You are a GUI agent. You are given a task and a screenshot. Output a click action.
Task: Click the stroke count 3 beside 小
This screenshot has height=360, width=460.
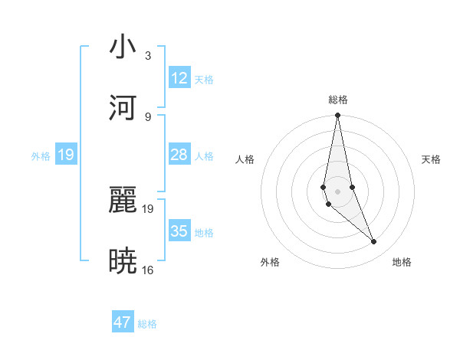[148, 56]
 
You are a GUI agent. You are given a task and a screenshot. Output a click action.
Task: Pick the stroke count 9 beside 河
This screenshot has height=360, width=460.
[148, 116]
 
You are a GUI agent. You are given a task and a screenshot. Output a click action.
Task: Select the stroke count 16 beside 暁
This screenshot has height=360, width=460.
[148, 270]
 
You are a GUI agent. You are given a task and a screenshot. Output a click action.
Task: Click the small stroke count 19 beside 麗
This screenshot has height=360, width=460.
[148, 208]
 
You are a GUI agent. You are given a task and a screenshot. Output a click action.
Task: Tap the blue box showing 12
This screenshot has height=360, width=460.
[179, 78]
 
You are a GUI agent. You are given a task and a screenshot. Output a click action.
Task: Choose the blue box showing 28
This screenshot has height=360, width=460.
[179, 155]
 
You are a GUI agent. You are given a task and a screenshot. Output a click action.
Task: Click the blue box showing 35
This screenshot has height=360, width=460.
[179, 231]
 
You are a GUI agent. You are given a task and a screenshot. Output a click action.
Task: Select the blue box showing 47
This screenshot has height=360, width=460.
[123, 322]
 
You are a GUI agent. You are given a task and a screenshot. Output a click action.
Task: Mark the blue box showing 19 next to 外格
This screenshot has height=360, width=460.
[66, 155]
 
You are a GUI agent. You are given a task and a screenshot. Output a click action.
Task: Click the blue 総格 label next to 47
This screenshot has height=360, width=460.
[147, 324]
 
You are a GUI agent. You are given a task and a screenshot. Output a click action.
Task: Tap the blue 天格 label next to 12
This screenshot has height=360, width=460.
[204, 80]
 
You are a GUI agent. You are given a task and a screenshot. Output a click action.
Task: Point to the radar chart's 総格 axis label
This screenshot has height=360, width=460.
[338, 100]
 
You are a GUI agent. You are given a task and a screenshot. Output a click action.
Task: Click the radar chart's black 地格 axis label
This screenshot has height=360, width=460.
[402, 262]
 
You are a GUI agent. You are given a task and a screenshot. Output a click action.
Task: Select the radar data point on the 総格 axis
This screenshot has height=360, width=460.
[337, 116]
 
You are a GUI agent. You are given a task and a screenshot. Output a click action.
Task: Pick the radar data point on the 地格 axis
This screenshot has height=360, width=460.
[374, 242]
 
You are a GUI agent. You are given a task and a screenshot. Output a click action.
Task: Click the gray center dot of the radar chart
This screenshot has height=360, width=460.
[337, 191]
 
